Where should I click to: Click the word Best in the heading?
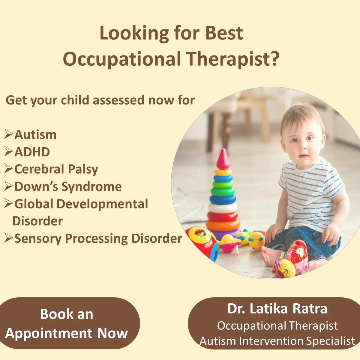[224, 33]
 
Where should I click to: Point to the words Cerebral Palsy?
[56, 169]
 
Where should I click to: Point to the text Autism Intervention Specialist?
[277, 341]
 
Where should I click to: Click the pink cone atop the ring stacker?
[223, 159]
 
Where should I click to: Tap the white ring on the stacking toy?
[223, 208]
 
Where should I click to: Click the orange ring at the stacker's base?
[223, 225]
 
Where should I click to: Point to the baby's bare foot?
[270, 255]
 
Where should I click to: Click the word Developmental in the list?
[102, 204]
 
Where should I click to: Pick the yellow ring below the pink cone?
[223, 172]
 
